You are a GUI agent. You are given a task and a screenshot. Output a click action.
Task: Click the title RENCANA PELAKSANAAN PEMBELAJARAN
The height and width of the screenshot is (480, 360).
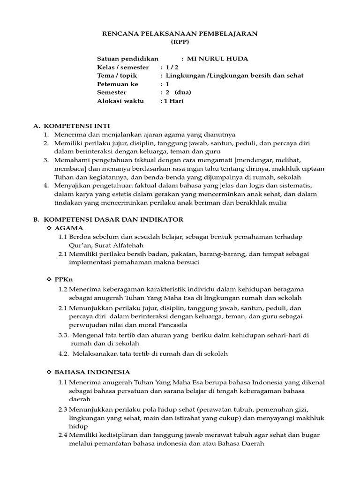[180, 34]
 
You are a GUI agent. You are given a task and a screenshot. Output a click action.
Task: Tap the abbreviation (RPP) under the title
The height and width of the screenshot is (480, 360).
[180, 42]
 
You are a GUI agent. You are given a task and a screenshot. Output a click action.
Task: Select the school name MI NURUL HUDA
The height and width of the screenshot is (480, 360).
[217, 59]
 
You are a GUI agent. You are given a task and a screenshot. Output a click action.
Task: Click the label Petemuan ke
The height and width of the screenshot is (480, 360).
[118, 84]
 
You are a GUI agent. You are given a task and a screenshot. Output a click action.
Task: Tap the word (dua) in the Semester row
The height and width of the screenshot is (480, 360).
[183, 92]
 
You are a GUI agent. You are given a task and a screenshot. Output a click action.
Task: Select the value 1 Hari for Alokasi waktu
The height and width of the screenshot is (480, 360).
[173, 101]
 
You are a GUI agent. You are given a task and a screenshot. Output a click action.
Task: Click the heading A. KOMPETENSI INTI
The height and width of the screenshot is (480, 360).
[71, 126]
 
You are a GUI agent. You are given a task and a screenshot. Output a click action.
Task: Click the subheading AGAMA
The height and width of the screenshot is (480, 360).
[69, 228]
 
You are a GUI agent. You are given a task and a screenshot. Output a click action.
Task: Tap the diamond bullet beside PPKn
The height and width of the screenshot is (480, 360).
[48, 279]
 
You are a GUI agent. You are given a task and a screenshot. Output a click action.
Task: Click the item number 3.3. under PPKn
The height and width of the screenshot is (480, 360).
[64, 335]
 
